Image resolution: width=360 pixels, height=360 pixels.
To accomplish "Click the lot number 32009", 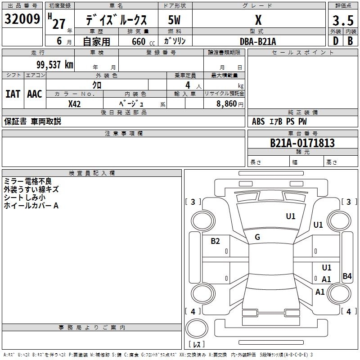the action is click(x=22, y=19).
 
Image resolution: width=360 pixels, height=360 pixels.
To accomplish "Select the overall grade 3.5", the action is click(x=342, y=20).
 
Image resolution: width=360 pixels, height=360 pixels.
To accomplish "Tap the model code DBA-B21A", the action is click(x=258, y=41).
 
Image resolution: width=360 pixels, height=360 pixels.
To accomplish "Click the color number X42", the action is click(x=74, y=103).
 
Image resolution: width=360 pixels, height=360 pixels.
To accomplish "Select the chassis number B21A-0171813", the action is click(x=302, y=143).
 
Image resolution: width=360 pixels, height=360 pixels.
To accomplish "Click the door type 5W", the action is click(x=175, y=20).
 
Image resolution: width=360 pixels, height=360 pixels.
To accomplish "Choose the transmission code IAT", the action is click(x=13, y=94).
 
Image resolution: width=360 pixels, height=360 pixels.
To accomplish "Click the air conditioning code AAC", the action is click(x=35, y=94).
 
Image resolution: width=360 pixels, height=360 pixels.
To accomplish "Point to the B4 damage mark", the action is click(x=347, y=276).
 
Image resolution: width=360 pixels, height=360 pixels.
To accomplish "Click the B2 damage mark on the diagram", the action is click(x=216, y=241).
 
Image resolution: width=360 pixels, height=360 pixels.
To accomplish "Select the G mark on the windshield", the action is click(x=257, y=237).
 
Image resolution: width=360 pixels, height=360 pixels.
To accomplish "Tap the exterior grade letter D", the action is click(x=335, y=41).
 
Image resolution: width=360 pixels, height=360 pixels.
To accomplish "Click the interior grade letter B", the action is click(x=350, y=41).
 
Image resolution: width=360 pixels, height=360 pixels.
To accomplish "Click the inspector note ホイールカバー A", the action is click(x=31, y=206).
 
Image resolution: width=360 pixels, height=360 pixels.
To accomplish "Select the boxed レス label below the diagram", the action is click(x=198, y=345).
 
